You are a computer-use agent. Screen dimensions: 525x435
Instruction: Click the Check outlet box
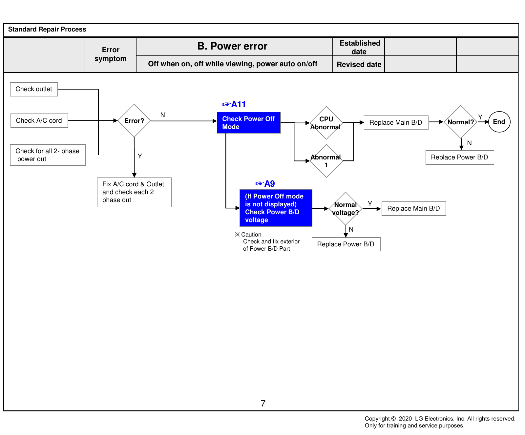[x=34, y=89]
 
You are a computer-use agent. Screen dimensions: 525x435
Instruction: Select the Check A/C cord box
[x=39, y=121]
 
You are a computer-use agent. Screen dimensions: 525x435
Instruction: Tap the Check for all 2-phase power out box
[x=48, y=155]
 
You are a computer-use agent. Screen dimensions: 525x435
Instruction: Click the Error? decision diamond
[x=134, y=121]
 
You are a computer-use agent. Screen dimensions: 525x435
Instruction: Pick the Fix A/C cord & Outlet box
[x=134, y=192]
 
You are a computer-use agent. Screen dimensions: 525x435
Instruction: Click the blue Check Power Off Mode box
[x=249, y=123]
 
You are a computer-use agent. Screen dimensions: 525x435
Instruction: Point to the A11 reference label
[x=234, y=104]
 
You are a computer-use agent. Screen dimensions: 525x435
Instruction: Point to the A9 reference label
[x=265, y=184]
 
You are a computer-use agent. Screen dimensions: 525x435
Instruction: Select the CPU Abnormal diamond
[x=326, y=123]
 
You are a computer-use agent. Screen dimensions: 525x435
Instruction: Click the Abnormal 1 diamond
[x=326, y=161]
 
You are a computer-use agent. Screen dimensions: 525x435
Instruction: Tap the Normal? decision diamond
[x=461, y=122]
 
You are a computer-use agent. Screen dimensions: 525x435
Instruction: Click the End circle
[x=499, y=122]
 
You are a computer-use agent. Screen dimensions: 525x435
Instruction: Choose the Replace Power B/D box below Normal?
[x=460, y=157]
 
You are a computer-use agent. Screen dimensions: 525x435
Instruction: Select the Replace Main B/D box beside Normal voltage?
[x=414, y=209]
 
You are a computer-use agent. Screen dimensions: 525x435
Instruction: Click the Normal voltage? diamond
[x=346, y=209]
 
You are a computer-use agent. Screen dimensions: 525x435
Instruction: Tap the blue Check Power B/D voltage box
[x=276, y=208]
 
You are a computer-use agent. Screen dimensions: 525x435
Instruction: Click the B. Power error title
[x=232, y=46]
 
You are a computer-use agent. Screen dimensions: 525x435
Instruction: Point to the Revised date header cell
[x=359, y=64]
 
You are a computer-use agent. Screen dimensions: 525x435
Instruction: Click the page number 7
[x=263, y=404]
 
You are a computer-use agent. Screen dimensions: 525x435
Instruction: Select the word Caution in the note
[x=251, y=235]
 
